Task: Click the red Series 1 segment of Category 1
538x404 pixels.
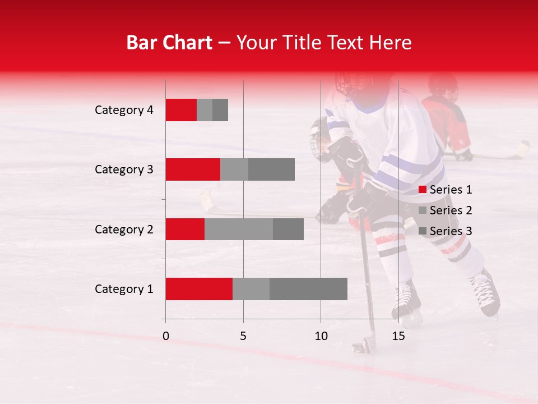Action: click(199, 289)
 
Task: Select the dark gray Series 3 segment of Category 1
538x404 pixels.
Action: click(308, 289)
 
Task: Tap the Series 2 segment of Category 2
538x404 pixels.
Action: click(239, 229)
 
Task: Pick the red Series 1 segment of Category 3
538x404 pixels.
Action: click(193, 169)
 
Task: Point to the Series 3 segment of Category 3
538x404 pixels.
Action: click(271, 169)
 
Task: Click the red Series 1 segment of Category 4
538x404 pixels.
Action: click(181, 110)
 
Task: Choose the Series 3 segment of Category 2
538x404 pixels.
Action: click(288, 229)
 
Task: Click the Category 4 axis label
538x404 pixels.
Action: click(124, 110)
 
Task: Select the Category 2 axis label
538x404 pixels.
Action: click(124, 229)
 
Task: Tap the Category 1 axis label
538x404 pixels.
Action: click(124, 289)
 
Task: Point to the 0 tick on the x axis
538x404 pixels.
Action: click(166, 336)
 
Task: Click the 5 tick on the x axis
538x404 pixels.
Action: click(243, 336)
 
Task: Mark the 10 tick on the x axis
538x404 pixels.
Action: click(321, 336)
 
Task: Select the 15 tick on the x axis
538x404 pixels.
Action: click(398, 336)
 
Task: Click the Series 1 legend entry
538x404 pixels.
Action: click(446, 190)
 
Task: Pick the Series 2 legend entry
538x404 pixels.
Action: click(446, 210)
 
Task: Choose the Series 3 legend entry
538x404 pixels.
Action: click(446, 231)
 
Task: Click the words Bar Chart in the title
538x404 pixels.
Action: click(169, 43)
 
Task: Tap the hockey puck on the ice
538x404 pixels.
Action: click(357, 348)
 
